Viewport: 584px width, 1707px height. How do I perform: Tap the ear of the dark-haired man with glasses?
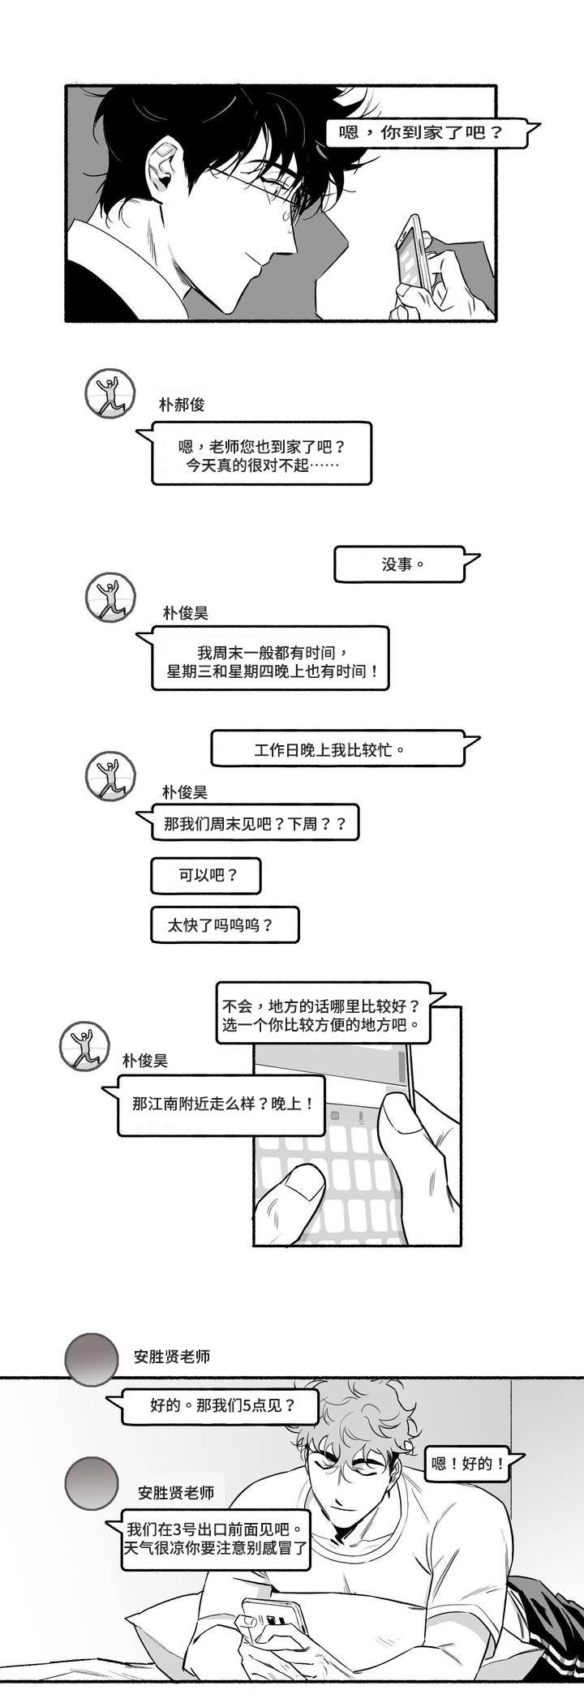165,165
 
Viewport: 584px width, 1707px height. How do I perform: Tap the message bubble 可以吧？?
207,876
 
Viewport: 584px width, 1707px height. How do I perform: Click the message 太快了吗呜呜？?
225,924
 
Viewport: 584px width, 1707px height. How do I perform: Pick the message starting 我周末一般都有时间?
270,658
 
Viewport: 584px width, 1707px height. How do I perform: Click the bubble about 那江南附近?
221,1104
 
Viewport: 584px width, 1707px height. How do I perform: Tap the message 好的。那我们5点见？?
221,1405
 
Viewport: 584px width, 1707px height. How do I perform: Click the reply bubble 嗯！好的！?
467,1463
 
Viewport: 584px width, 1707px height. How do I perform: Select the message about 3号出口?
217,1538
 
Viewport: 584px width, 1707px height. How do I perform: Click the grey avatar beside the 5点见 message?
92,1360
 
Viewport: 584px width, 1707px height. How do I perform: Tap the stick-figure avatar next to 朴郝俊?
109,395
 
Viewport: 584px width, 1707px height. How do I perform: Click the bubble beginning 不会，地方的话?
321,1014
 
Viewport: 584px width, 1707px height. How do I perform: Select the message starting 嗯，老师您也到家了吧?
261,454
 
